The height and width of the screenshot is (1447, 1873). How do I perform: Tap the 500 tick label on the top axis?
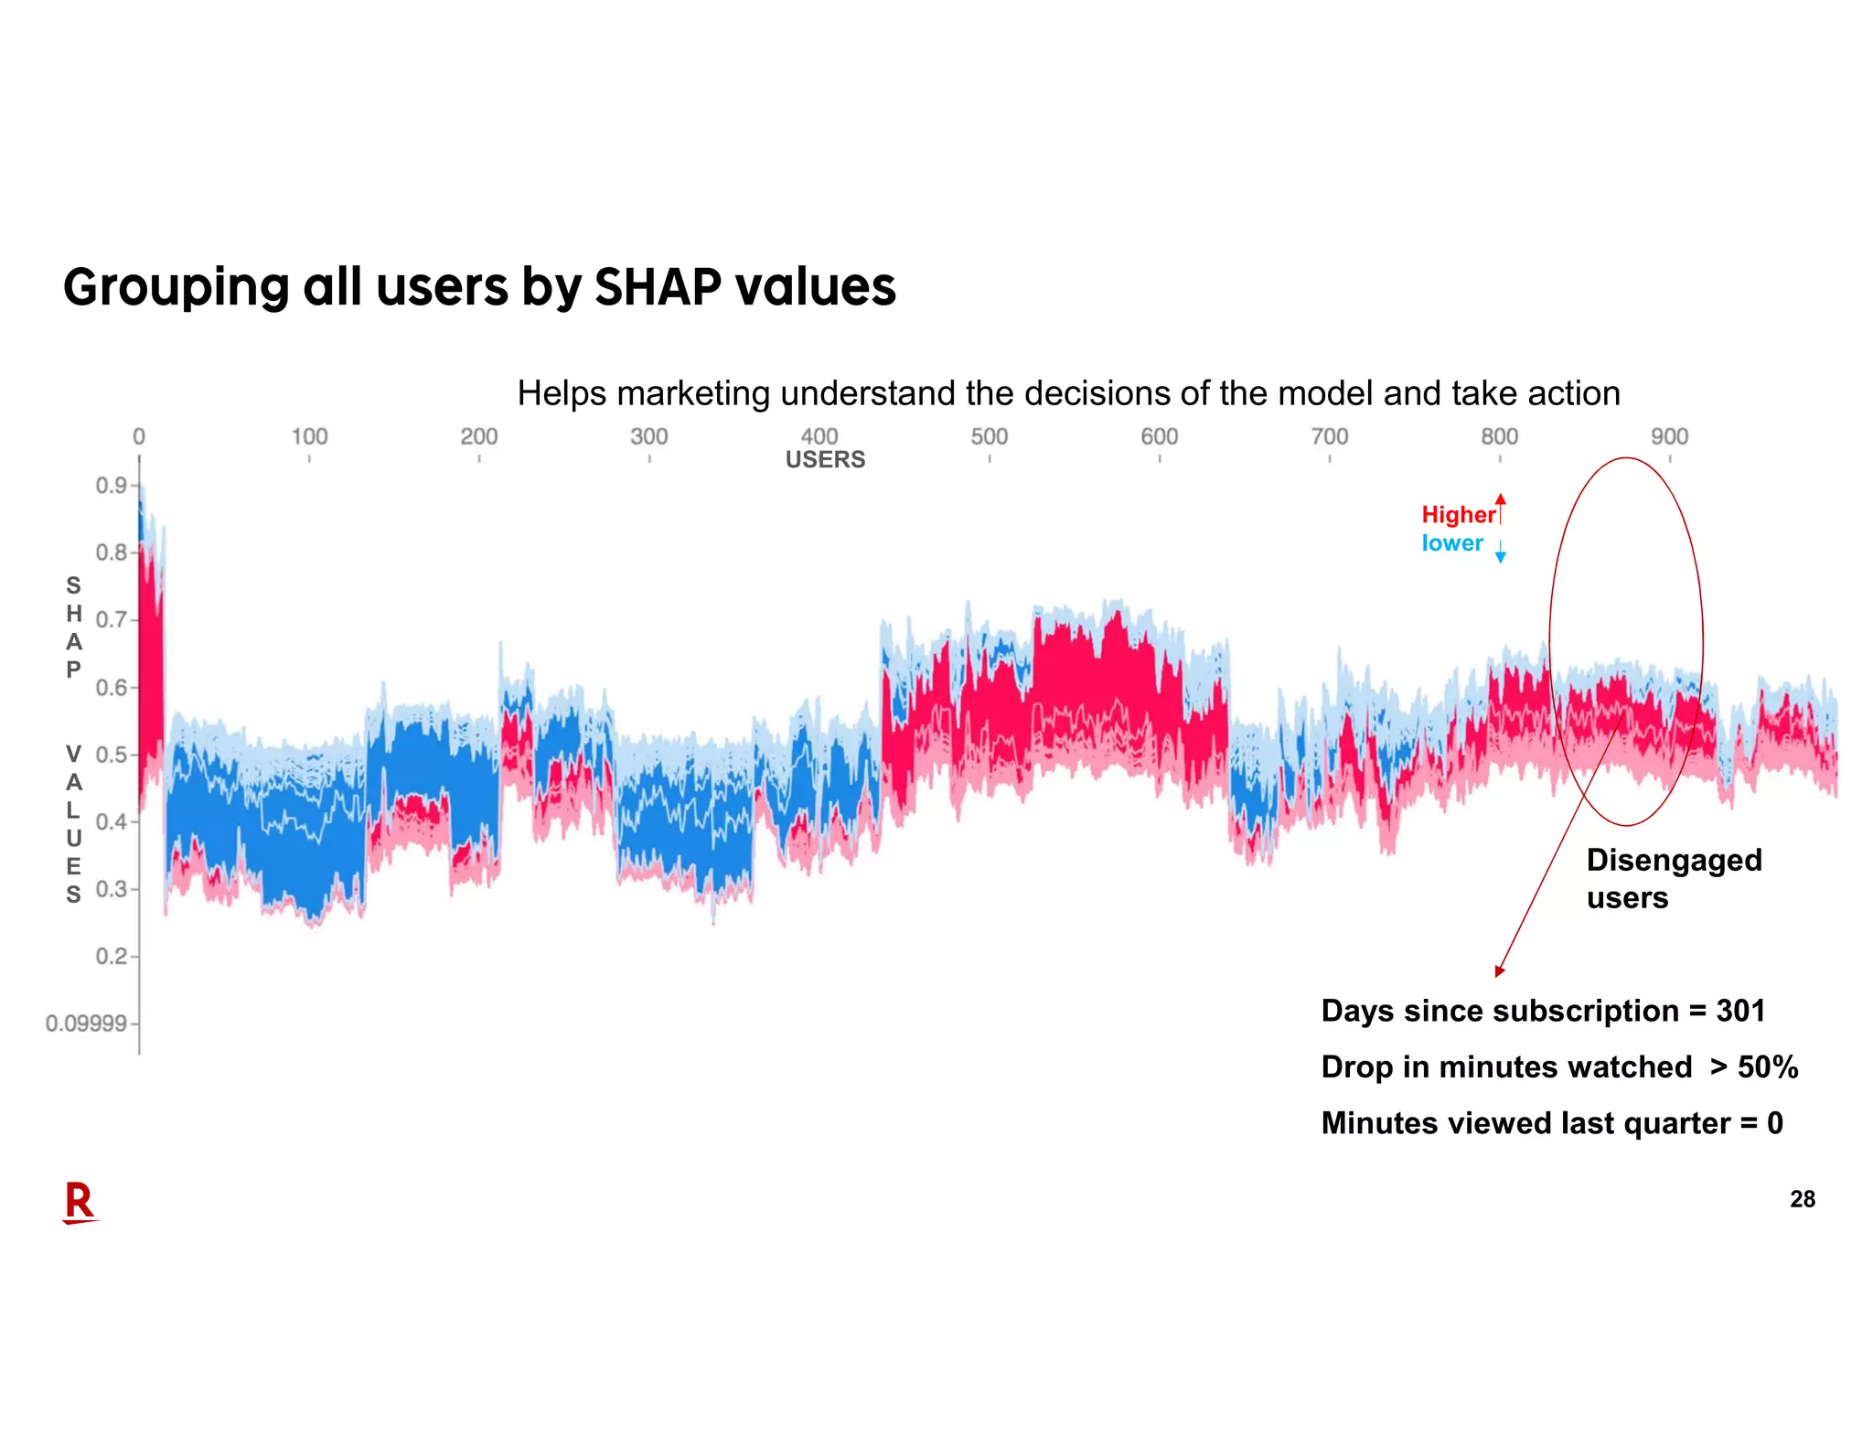click(x=989, y=436)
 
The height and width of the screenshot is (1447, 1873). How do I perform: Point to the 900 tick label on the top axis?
click(x=1669, y=436)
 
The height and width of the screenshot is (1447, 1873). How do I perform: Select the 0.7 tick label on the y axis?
click(x=111, y=619)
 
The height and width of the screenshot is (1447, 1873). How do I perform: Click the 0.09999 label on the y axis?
click(x=86, y=1023)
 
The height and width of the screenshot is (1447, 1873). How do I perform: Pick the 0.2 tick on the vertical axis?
click(x=111, y=956)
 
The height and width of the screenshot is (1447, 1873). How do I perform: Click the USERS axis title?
click(x=825, y=459)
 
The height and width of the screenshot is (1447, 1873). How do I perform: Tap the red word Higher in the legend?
click(x=1458, y=514)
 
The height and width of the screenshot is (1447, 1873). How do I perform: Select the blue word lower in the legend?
click(x=1452, y=542)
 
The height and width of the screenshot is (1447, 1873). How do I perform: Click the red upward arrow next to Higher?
click(x=1501, y=508)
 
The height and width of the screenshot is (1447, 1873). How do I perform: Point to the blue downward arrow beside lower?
click(x=1500, y=552)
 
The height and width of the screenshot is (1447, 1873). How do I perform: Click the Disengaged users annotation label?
click(x=1673, y=878)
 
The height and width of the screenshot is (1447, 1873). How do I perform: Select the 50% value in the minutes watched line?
click(x=1767, y=1066)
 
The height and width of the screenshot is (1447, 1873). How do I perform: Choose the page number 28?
click(x=1802, y=1199)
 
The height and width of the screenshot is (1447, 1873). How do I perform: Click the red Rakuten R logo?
click(x=80, y=1202)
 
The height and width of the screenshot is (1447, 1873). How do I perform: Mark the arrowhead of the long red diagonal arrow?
click(x=1500, y=971)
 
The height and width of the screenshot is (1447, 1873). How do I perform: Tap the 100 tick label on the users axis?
click(x=309, y=436)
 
